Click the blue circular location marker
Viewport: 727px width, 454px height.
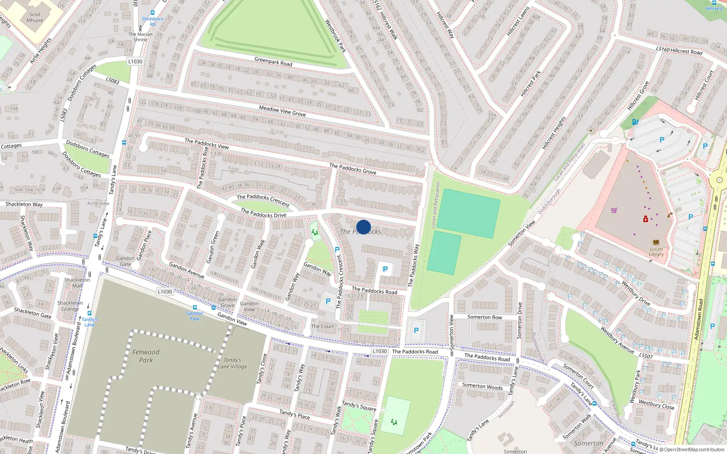tap(363, 227)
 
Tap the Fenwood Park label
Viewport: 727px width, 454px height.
tap(146, 356)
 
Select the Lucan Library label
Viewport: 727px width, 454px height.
tap(656, 252)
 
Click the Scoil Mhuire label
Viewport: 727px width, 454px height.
tap(35, 17)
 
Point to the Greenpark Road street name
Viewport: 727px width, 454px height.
tap(273, 61)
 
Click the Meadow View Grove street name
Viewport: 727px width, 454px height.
tap(282, 111)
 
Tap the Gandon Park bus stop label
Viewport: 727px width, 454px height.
tap(194, 316)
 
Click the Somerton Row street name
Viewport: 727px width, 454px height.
tap(484, 317)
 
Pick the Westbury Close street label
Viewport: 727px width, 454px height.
tap(656, 404)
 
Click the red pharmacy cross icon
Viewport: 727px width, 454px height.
tap(645, 219)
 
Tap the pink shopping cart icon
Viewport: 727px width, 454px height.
tap(614, 210)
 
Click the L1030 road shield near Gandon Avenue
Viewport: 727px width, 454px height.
tap(165, 291)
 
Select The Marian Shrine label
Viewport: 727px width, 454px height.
tap(140, 37)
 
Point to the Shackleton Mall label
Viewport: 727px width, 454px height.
tap(77, 282)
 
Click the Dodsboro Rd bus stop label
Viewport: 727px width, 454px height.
tap(153, 21)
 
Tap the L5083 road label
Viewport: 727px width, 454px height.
tap(112, 80)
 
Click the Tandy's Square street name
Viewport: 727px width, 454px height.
tap(359, 406)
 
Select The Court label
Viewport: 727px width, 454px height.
tap(322, 326)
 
